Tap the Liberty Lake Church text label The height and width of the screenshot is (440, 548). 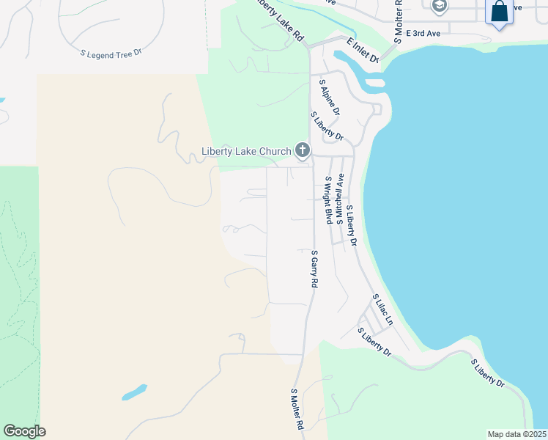pos(246,153)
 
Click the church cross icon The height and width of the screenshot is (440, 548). pos(302,152)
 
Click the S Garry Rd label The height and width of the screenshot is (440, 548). pos(314,268)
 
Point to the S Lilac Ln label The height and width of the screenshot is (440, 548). pos(384,311)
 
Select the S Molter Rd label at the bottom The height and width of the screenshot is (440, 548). pos(297,409)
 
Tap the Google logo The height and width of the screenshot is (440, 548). pos(24,431)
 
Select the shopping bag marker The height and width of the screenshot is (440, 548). pos(499,12)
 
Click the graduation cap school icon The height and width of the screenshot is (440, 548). pos(439,7)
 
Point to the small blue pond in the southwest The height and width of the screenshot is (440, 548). pos(135,392)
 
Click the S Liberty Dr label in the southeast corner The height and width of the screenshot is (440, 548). pos(488,373)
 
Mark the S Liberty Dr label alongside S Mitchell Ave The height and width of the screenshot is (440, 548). pos(351,224)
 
